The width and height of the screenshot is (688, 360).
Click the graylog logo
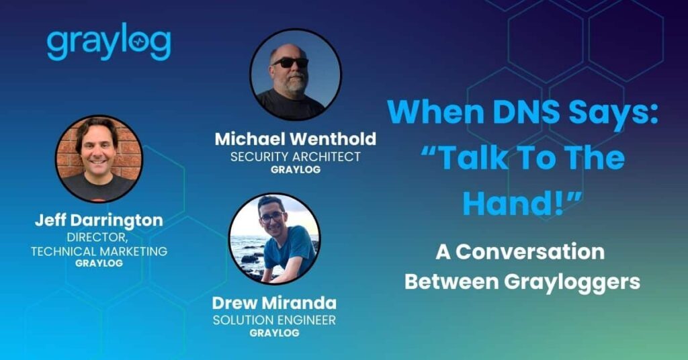(108, 45)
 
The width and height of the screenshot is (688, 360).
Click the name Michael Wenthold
(296, 139)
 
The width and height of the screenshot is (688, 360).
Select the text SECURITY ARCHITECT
(296, 156)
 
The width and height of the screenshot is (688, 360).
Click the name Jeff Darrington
(99, 220)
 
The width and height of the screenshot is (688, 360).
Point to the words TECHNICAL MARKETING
(99, 251)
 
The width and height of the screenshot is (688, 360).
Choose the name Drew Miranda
(274, 302)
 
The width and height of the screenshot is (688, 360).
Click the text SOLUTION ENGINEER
(274, 320)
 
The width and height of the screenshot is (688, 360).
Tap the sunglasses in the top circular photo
(290, 62)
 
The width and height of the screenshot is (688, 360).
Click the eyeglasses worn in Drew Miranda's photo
(271, 218)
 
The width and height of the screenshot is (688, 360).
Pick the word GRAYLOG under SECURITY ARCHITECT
(296, 170)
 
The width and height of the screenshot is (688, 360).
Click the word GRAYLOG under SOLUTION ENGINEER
(274, 332)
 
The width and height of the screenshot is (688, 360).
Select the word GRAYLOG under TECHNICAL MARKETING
(99, 263)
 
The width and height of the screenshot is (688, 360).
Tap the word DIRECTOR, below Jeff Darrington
(99, 237)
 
